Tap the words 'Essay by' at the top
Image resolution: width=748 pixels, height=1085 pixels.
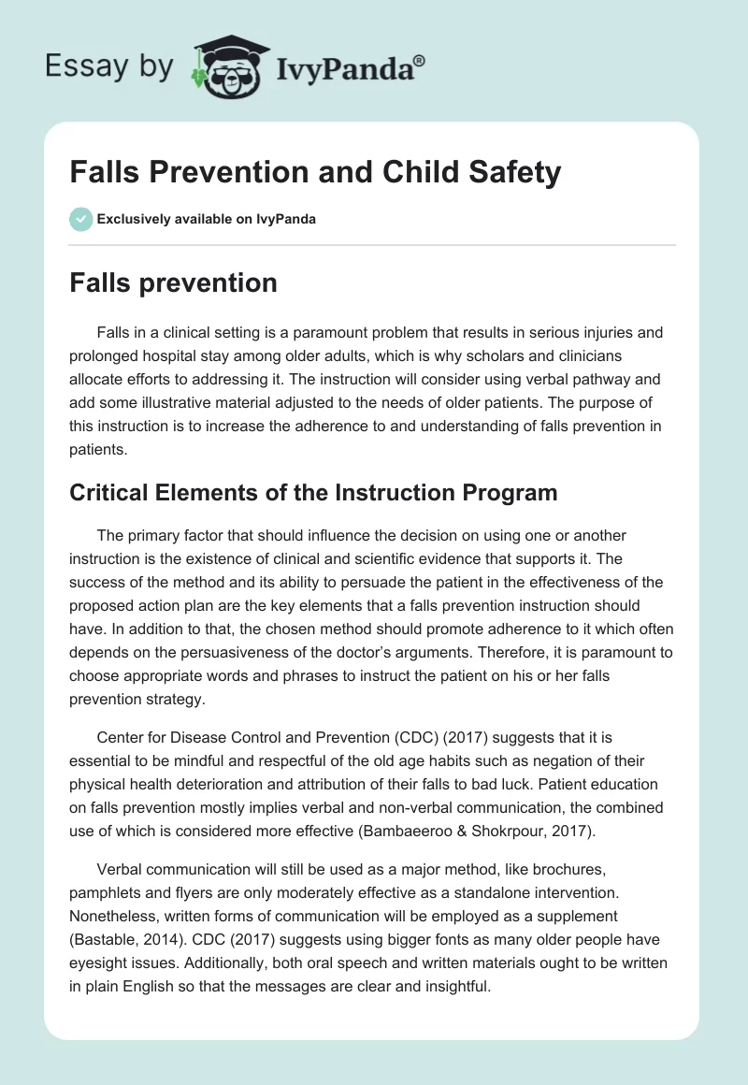[x=109, y=66]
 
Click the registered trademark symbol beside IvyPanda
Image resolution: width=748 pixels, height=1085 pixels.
[x=421, y=62]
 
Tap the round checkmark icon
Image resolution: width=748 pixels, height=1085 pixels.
[x=81, y=219]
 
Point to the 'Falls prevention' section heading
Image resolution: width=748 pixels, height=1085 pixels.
[x=173, y=282]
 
